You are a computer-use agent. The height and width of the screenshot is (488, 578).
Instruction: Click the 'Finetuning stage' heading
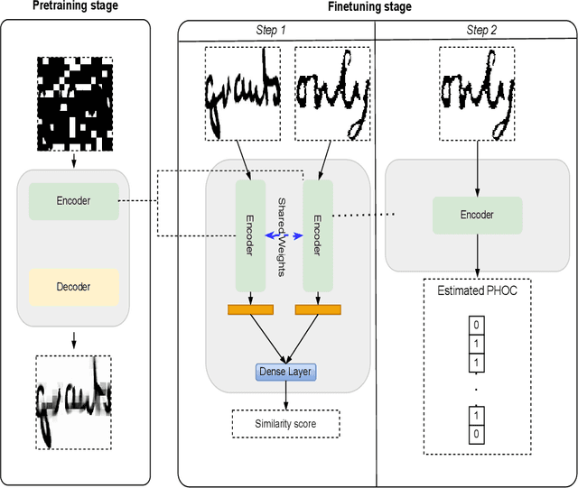368,7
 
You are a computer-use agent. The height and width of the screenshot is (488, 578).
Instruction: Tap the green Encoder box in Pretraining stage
73,200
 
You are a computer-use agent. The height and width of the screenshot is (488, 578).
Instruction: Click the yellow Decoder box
73,287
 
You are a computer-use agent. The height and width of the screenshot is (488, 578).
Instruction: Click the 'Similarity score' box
285,422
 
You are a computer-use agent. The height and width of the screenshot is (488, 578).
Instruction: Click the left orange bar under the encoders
250,310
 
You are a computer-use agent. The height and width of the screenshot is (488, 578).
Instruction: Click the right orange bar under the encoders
317,310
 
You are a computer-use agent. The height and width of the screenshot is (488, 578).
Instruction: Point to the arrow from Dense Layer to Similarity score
285,395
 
